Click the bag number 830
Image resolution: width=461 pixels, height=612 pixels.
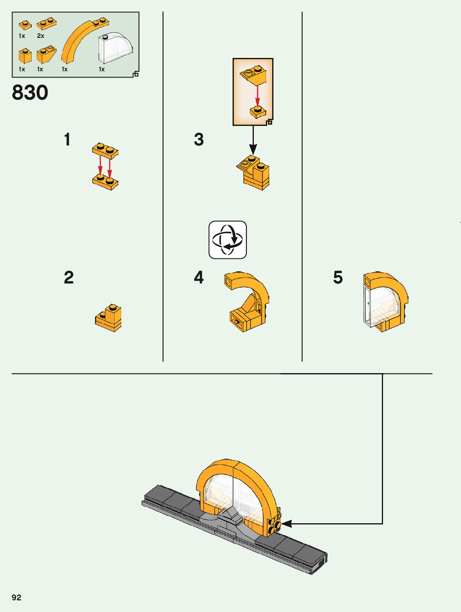[x=30, y=93]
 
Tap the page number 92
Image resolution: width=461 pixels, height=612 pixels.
[x=16, y=597]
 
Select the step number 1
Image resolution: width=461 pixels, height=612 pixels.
[x=67, y=140]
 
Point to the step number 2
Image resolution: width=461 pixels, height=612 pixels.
[x=69, y=278]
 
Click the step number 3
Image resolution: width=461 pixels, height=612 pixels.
[x=199, y=140]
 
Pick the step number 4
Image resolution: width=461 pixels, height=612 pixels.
[x=199, y=278]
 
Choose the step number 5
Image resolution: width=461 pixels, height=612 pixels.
[x=338, y=278]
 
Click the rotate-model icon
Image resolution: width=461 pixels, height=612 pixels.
[x=228, y=240]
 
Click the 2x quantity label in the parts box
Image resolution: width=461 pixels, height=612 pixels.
[x=40, y=36]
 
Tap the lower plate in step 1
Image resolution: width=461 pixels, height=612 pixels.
[x=105, y=182]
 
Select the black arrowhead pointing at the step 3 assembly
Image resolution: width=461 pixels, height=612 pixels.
[x=253, y=149]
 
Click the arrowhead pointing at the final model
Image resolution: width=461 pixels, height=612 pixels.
[x=286, y=524]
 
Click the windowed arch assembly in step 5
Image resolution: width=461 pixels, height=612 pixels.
[x=384, y=302]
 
